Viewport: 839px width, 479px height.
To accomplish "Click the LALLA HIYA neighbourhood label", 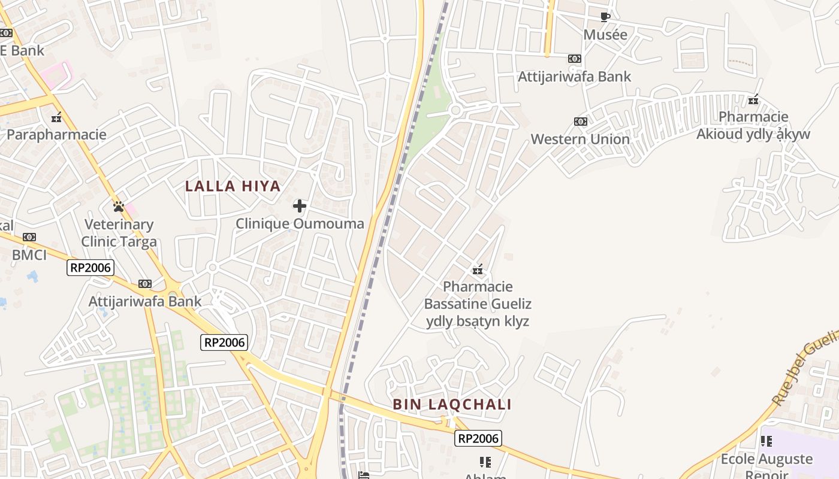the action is click(x=233, y=186).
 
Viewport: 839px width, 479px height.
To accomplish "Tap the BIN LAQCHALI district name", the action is click(x=452, y=405).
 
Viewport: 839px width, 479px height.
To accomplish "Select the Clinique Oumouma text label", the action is click(x=300, y=224).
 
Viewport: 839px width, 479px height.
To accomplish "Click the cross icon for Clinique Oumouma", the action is click(x=300, y=207).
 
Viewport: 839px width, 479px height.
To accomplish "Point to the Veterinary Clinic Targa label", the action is click(x=119, y=233).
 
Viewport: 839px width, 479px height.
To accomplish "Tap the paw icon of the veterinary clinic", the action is click(x=119, y=207).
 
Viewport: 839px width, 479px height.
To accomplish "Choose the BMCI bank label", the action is click(x=29, y=256).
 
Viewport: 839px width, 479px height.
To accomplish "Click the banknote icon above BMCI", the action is click(x=29, y=238).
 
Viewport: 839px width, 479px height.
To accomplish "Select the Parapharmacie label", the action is click(x=56, y=135).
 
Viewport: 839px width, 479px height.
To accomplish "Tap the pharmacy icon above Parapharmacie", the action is click(x=57, y=117).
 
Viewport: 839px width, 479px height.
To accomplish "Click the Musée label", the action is click(x=605, y=35).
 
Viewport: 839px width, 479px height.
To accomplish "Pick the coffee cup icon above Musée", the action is click(x=605, y=17).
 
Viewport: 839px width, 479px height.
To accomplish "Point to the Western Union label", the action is click(x=580, y=140).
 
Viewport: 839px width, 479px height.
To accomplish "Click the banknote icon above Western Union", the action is click(x=580, y=122).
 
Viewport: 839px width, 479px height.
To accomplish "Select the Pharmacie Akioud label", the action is click(x=753, y=125).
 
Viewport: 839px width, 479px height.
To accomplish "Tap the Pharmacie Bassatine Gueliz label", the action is click(x=478, y=304).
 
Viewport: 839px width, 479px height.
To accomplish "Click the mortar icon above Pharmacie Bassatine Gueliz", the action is click(x=478, y=269).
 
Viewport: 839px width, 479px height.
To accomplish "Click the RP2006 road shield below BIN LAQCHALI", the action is click(x=478, y=438).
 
